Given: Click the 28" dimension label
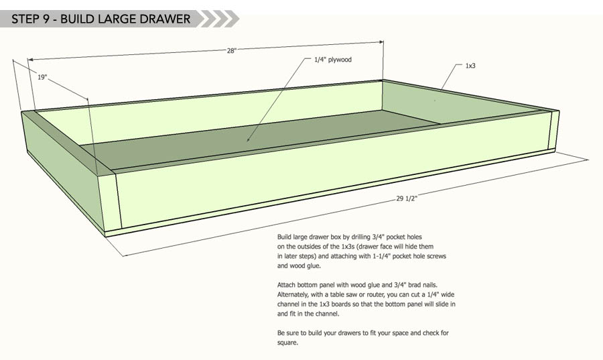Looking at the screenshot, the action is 231,51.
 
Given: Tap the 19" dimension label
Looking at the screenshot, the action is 42,77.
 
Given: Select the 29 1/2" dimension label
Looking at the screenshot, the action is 407,198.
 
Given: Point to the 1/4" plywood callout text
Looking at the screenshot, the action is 333,60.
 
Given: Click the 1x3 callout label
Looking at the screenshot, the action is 470,66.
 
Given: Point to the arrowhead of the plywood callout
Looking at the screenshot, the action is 249,139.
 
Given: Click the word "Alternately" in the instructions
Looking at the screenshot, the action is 291,294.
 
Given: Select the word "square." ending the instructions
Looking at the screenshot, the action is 287,343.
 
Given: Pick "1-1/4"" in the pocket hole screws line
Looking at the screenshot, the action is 381,256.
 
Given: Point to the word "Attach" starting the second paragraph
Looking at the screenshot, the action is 286,285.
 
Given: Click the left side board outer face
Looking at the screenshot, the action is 64,169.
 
